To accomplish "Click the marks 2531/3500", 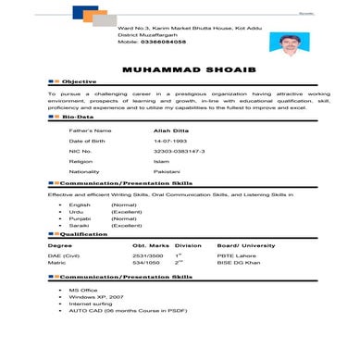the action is [147, 254].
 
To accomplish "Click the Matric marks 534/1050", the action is [146, 263].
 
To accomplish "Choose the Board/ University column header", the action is [245, 245].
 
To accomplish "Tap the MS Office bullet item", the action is [82, 290].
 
